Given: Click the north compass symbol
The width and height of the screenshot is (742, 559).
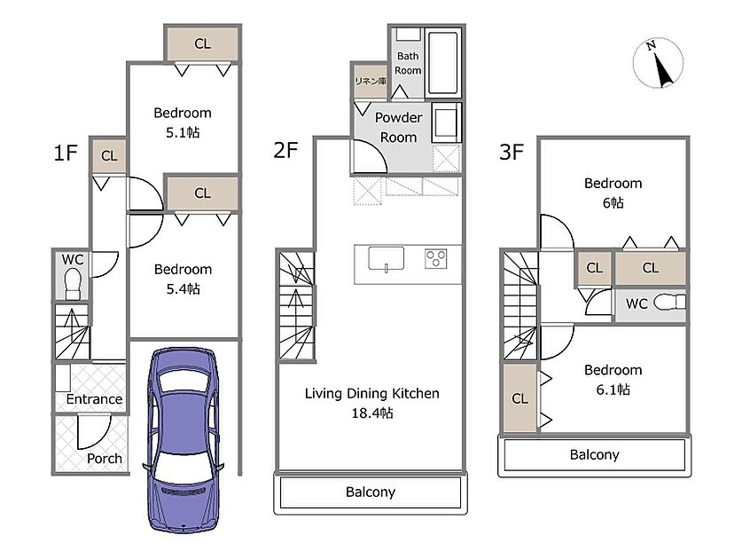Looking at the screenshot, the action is click(x=658, y=62).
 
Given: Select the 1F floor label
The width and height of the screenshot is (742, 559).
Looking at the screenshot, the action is click(x=66, y=153).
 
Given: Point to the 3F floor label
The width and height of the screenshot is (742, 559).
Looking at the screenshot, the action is click(x=512, y=152).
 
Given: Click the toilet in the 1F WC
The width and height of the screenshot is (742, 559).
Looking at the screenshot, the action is click(x=73, y=284).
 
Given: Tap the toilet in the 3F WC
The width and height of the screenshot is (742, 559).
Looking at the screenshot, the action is click(x=669, y=302).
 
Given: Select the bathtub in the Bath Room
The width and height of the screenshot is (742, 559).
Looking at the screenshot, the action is click(x=443, y=62).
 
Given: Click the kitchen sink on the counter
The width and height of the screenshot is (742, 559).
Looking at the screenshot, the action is click(x=387, y=259).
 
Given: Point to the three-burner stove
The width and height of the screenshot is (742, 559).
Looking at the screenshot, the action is click(x=436, y=259).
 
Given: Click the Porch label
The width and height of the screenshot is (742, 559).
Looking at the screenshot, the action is click(x=104, y=459).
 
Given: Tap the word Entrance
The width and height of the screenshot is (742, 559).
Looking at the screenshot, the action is click(x=94, y=399).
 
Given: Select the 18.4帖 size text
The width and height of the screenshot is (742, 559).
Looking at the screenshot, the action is click(x=372, y=413).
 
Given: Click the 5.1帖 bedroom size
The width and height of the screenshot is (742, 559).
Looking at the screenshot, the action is click(x=183, y=132).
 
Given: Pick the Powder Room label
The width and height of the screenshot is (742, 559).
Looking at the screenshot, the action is click(x=398, y=128).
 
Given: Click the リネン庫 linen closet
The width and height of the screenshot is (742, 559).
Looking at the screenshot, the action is click(x=371, y=81).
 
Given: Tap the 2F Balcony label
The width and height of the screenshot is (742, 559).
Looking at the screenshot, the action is click(x=370, y=492).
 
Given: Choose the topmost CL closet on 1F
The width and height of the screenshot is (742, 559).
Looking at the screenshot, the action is click(x=202, y=43).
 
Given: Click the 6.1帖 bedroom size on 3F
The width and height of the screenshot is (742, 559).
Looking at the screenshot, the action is click(x=613, y=390).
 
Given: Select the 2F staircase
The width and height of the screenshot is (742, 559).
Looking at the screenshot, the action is click(x=296, y=305).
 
